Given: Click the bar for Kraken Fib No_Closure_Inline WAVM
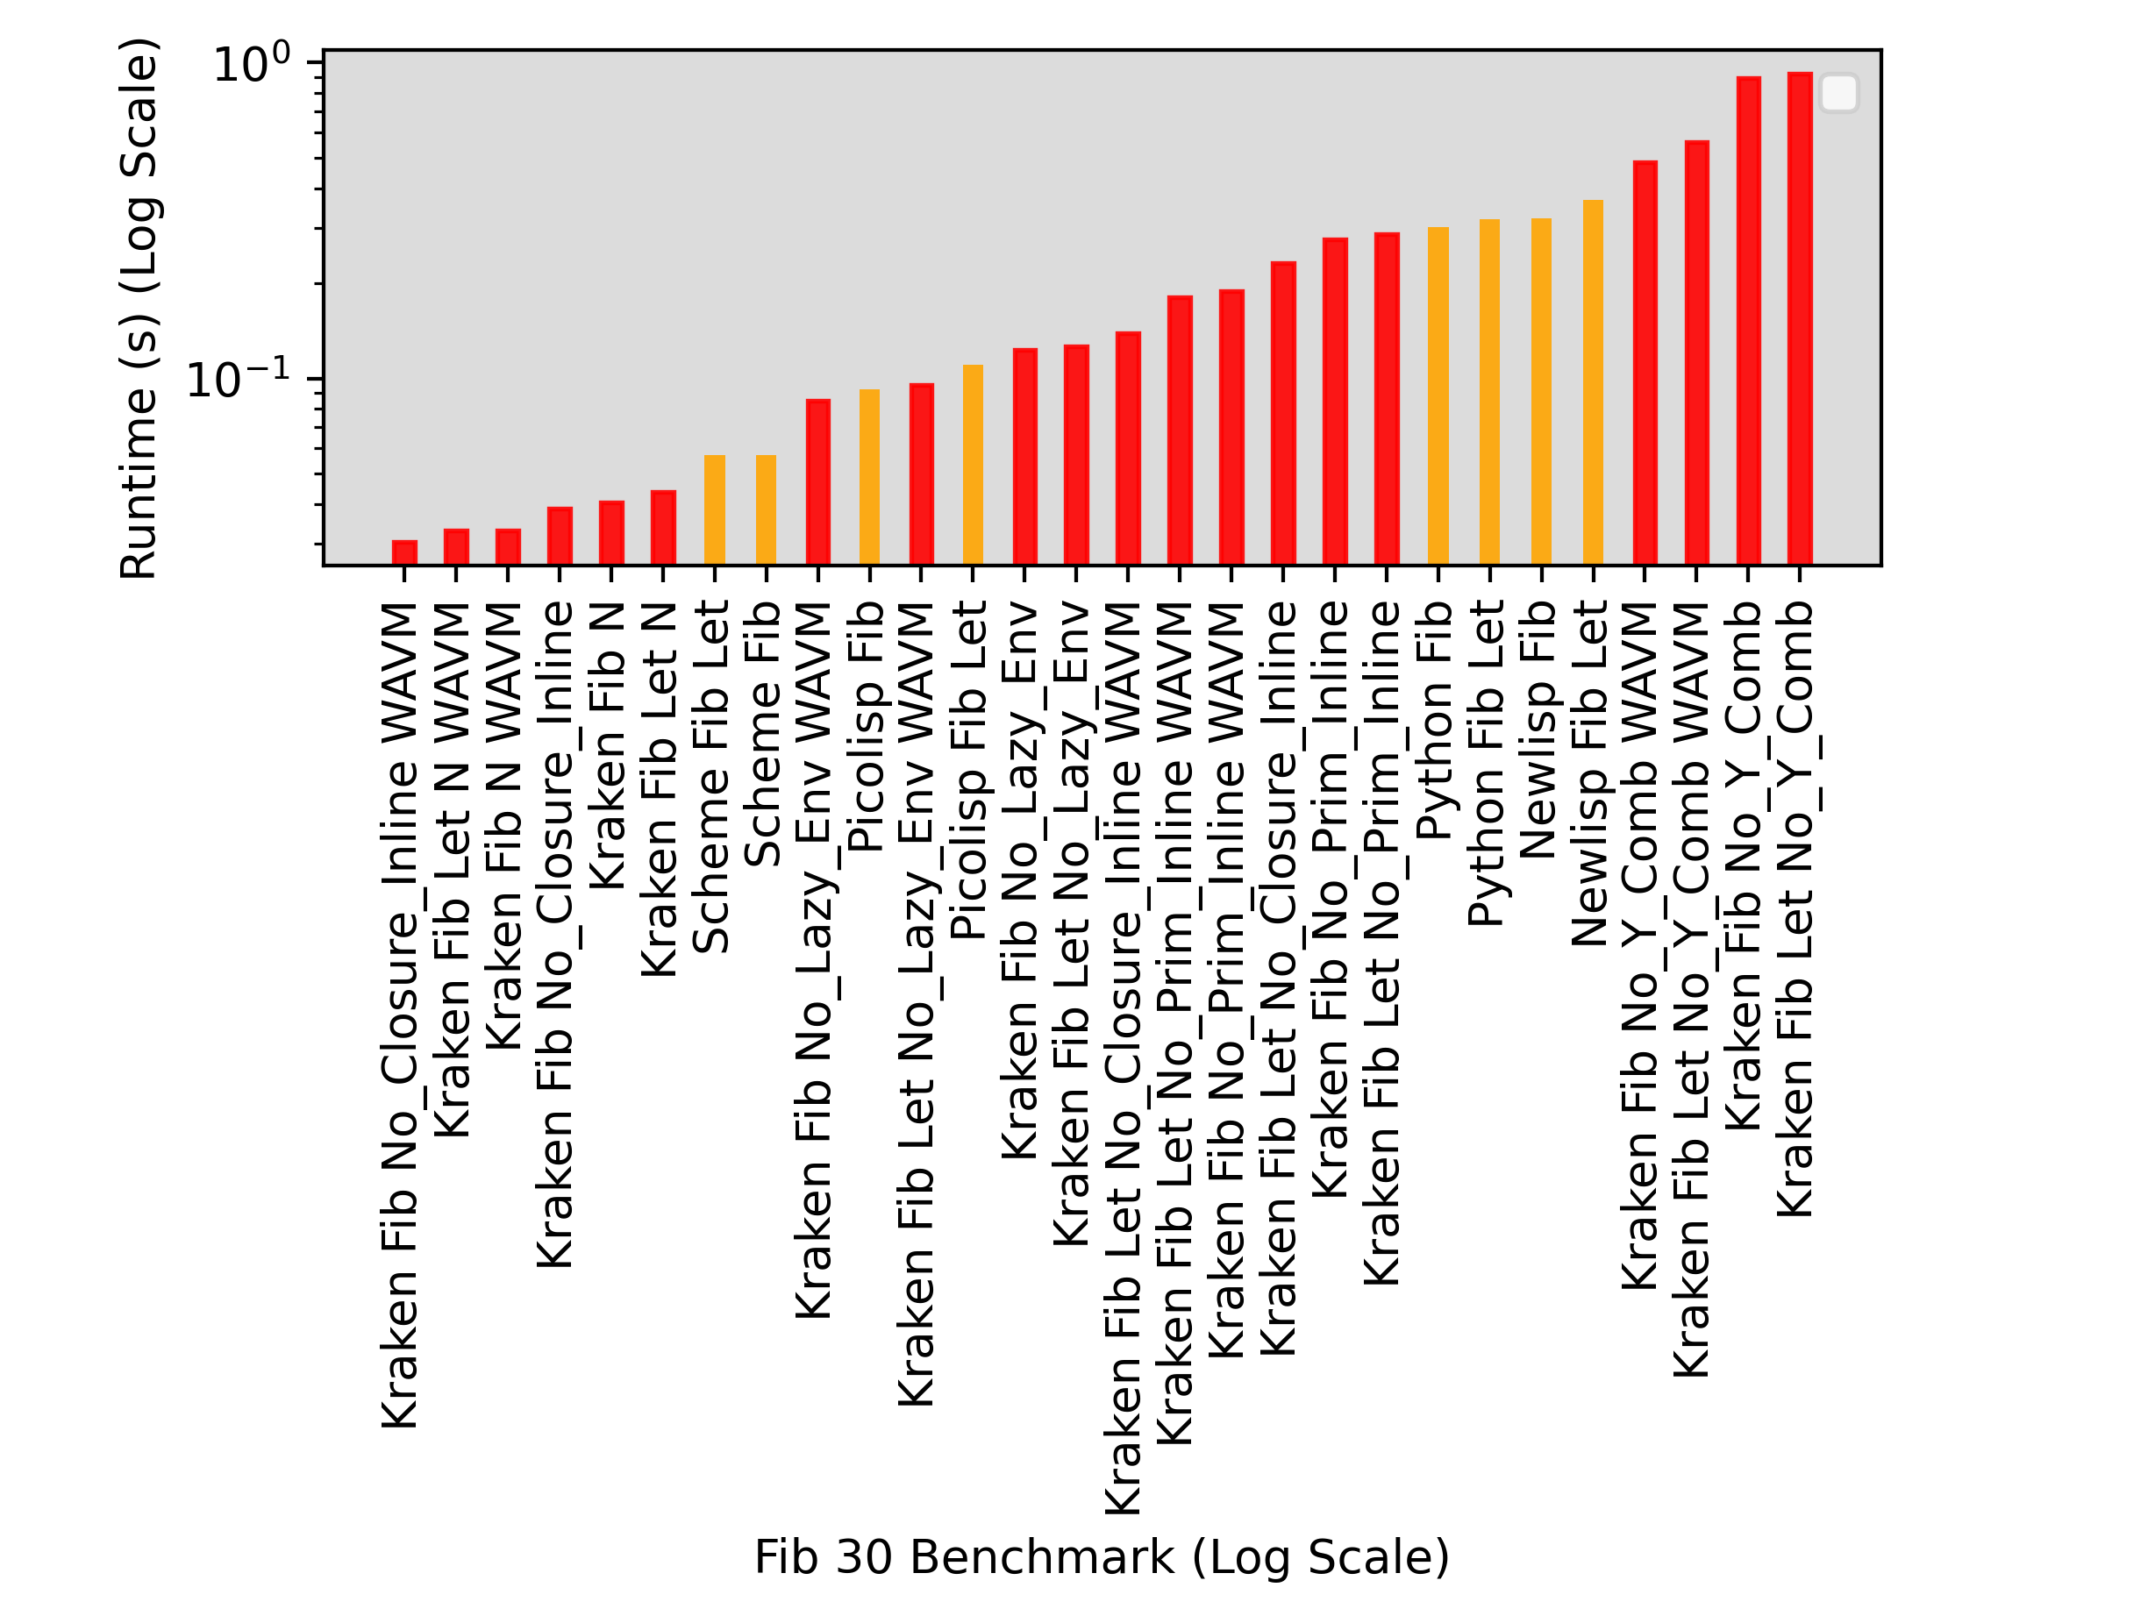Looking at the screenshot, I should [x=404, y=552].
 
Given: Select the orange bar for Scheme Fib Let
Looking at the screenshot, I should [x=714, y=509].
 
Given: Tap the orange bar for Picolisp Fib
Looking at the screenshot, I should [x=869, y=477].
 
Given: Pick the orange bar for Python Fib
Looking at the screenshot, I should [x=1438, y=395].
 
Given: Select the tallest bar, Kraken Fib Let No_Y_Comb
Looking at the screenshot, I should [x=1800, y=318].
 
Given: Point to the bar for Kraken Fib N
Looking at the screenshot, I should [x=610, y=533].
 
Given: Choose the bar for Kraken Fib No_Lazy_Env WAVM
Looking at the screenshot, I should [x=818, y=481].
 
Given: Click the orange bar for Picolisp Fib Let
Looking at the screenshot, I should [x=973, y=465].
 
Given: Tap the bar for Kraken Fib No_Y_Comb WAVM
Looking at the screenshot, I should [x=1645, y=362].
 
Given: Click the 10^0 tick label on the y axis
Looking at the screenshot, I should [x=252, y=65].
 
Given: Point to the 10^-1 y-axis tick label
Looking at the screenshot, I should [x=239, y=380].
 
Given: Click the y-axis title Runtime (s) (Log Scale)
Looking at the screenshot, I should [x=139, y=309].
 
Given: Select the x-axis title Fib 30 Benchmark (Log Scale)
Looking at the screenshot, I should [x=1101, y=1556].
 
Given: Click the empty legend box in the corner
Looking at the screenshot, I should [x=1838, y=94].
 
